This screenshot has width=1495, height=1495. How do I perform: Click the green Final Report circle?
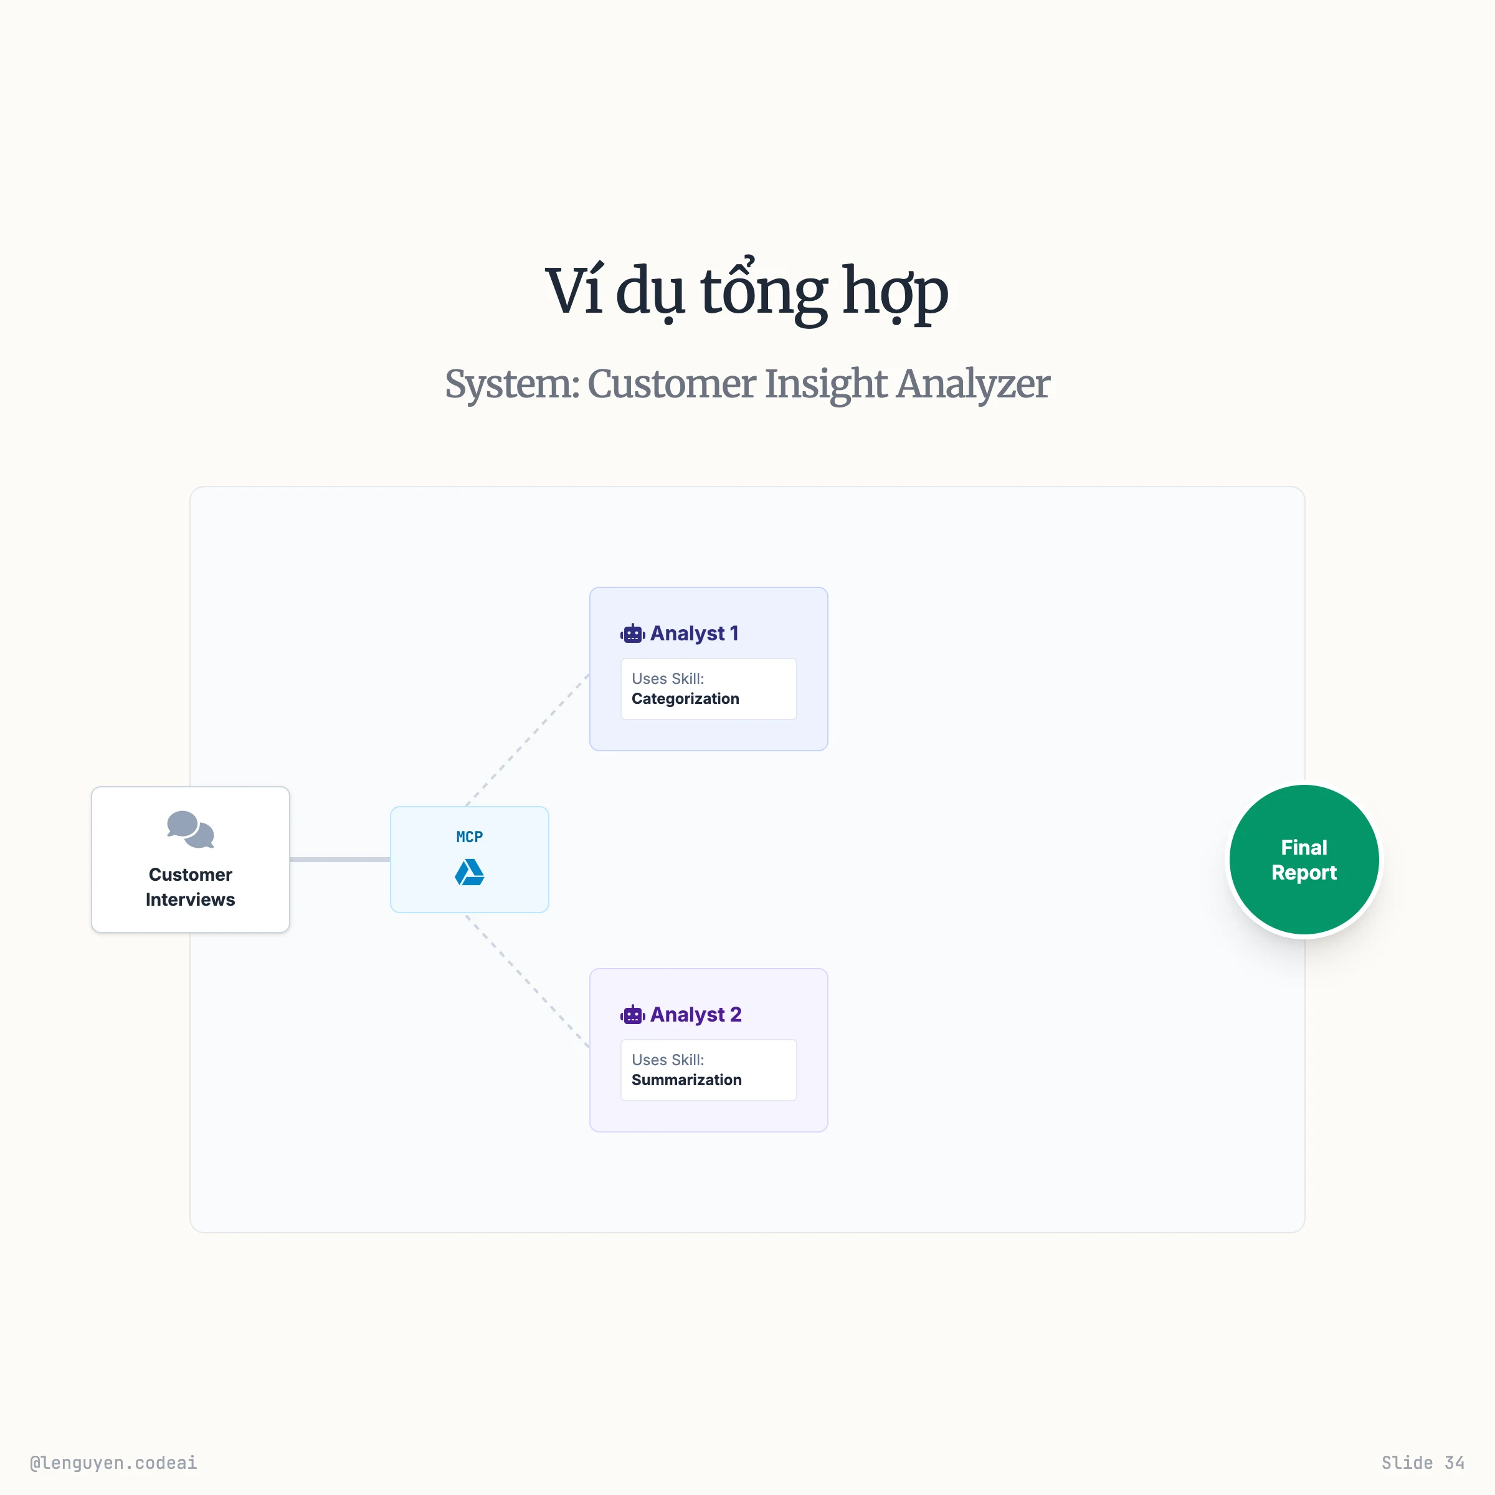[x=1304, y=860]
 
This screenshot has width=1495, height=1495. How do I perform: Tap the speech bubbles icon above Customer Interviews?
[x=191, y=830]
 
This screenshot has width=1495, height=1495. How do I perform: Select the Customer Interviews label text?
[x=191, y=887]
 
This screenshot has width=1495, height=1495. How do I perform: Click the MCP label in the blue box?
[x=469, y=837]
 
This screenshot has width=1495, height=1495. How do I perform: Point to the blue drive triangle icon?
[x=469, y=873]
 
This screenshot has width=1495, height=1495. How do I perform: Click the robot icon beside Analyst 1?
[x=632, y=634]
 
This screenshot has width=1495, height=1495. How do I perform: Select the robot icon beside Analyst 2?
[x=632, y=1015]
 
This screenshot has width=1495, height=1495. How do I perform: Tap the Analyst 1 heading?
[x=694, y=633]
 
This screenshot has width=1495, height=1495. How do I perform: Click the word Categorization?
[x=685, y=699]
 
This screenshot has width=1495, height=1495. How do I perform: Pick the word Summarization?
[x=686, y=1080]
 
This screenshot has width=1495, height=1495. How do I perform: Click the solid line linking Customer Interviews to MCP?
[x=339, y=859]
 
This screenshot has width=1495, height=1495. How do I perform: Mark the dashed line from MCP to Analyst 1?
[x=528, y=739]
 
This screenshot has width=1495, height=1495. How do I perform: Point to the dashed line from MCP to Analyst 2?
[x=528, y=981]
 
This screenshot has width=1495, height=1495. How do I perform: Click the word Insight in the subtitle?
[x=825, y=384]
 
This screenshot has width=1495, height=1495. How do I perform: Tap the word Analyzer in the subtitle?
[x=972, y=384]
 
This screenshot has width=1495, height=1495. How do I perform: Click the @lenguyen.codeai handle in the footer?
[x=113, y=1463]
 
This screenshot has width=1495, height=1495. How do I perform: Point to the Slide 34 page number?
[x=1422, y=1463]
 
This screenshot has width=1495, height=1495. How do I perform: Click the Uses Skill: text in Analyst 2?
[x=668, y=1060]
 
